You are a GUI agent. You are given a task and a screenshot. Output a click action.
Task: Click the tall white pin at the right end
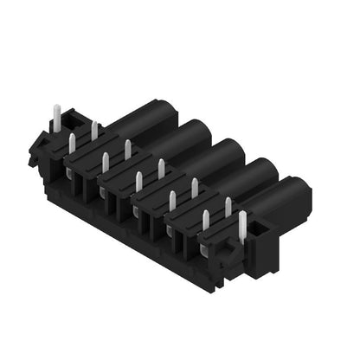(x=241, y=226)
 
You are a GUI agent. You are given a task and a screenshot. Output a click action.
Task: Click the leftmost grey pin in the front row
(x=72, y=145)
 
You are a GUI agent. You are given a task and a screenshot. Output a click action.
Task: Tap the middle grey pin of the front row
(x=138, y=182)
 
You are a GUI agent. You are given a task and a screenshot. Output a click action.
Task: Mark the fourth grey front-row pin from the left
(x=172, y=201)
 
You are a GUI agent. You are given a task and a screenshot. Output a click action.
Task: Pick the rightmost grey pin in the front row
(x=206, y=220)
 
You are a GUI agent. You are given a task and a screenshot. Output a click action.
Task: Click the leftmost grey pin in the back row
(x=94, y=131)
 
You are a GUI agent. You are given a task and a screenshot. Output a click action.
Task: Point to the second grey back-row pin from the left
(x=127, y=150)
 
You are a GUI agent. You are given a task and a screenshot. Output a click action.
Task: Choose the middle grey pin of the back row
(x=161, y=169)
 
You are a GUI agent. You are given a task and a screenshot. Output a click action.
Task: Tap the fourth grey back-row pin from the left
(x=195, y=188)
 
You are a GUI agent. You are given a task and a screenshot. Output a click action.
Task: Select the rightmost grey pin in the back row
(x=228, y=207)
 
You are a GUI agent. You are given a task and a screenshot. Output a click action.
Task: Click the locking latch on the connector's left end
(x=40, y=147)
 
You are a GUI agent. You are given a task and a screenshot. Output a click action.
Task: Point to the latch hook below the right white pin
(x=228, y=253)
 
